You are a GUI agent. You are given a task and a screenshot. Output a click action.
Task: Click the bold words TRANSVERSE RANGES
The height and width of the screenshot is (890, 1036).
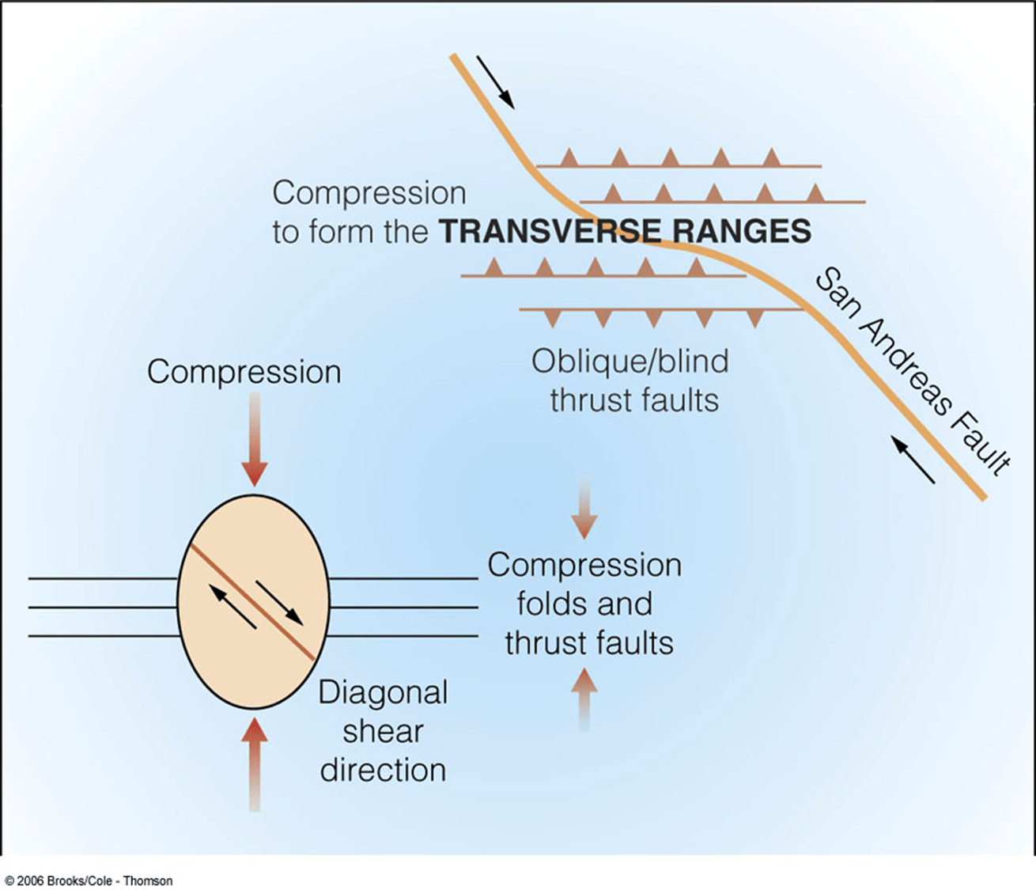pos(625,231)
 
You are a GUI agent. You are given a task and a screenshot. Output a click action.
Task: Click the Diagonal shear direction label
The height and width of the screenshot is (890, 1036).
pos(383,731)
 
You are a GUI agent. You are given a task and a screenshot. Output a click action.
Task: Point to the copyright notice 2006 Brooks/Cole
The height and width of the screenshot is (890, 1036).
pos(89,881)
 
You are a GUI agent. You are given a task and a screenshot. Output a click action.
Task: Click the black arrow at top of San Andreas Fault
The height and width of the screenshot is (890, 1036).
pos(495,81)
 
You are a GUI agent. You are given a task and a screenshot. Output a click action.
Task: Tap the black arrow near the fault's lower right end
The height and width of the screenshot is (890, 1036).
pos(913,459)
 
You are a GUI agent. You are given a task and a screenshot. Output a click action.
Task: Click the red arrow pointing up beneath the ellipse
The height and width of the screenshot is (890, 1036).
pos(254,763)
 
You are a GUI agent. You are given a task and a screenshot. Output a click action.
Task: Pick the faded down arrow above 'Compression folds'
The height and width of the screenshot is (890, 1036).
pos(584,508)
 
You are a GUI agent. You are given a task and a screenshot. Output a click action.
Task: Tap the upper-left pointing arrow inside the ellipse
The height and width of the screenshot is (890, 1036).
pos(233,607)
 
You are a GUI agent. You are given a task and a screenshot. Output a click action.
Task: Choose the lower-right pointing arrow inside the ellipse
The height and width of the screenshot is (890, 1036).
pos(278,601)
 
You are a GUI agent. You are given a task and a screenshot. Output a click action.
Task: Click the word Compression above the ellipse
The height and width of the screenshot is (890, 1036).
pos(244,372)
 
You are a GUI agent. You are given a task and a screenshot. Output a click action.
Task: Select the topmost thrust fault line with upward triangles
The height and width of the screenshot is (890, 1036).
pos(679,165)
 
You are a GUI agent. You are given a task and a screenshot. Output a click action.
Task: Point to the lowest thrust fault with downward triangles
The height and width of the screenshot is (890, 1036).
pos(661,310)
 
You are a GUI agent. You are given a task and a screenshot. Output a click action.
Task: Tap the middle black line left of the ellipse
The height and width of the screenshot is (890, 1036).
pos(103,608)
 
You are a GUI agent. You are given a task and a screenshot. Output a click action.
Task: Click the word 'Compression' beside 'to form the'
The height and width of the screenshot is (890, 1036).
pos(369,193)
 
